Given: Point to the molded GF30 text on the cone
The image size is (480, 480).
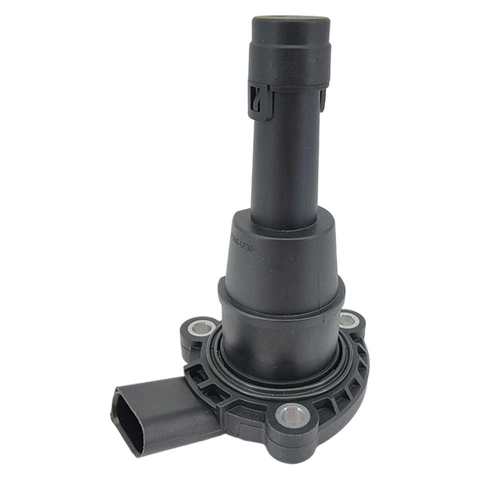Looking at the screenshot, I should coord(245,244).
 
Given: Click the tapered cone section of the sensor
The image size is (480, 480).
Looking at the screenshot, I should coord(280,250).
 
